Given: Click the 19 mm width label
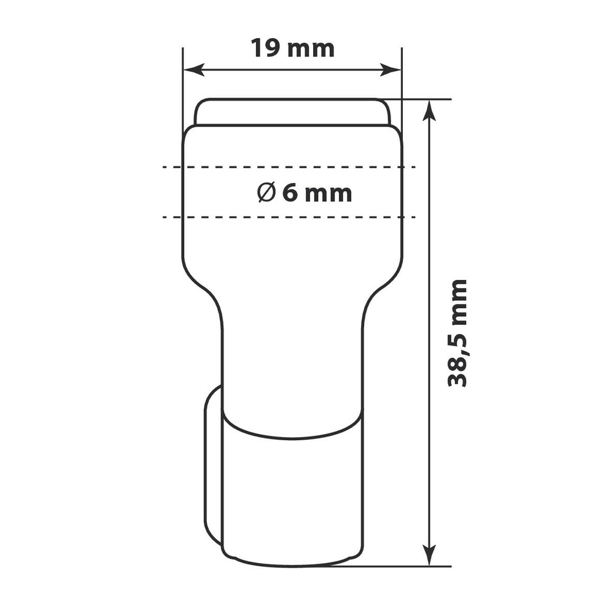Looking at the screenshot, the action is point(292,48).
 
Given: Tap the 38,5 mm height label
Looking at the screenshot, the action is point(457,333).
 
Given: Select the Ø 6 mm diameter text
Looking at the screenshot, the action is point(305,193).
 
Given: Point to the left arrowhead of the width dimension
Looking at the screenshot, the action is point(194,70).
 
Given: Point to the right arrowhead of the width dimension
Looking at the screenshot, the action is point(391,70).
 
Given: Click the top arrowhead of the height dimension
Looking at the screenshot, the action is point(430,111).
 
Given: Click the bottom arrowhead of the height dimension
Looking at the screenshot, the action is point(430,555).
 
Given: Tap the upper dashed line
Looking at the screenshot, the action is point(289,167).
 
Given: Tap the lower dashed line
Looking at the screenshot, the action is point(289,217).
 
